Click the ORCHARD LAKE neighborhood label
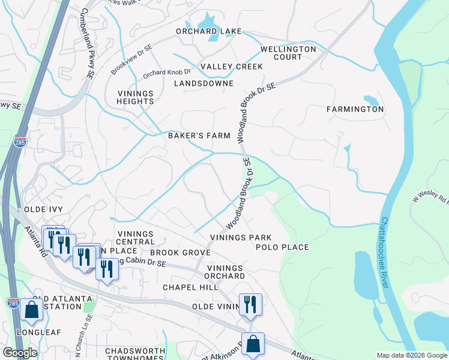(208, 31)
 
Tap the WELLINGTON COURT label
(288, 53)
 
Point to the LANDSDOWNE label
(203, 83)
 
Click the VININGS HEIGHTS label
(136, 98)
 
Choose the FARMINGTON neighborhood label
(355, 109)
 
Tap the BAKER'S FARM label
(199, 136)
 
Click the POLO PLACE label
(282, 247)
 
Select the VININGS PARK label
(237, 238)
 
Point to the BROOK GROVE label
(180, 253)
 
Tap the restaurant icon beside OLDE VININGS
(250, 304)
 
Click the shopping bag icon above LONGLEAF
(31, 310)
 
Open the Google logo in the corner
(20, 353)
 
